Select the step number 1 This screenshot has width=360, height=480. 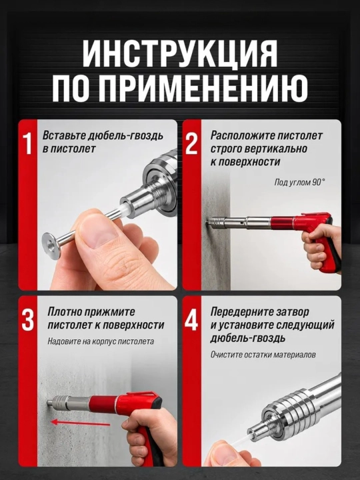[x=27, y=143]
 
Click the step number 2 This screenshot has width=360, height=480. [x=191, y=143]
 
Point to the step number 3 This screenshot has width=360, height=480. [x=27, y=319]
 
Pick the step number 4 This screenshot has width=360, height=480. [x=191, y=319]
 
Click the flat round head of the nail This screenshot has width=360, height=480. [x=51, y=246]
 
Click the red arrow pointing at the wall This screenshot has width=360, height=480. [x=80, y=423]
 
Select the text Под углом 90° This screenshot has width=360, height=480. [x=299, y=182]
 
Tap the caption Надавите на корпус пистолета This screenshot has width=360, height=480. [x=101, y=341]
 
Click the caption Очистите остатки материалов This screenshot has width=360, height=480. [x=263, y=355]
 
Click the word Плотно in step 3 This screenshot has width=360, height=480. [x=64, y=311]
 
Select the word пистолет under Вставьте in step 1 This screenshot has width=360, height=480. [x=73, y=149]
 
